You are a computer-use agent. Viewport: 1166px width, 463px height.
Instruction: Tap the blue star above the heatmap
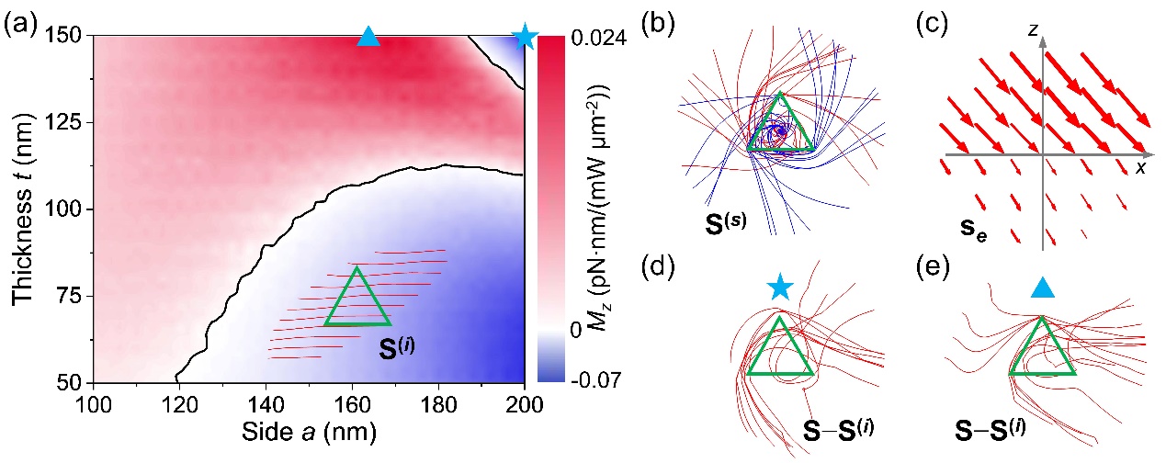[525, 37]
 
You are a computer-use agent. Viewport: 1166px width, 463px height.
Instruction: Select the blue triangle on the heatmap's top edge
[368, 37]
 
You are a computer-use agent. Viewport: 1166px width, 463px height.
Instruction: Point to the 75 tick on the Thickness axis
[72, 296]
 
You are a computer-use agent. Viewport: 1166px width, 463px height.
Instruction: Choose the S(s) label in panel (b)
[717, 220]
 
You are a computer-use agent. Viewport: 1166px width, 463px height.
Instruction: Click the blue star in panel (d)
[779, 288]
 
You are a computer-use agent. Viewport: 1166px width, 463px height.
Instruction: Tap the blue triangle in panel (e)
[1041, 288]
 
